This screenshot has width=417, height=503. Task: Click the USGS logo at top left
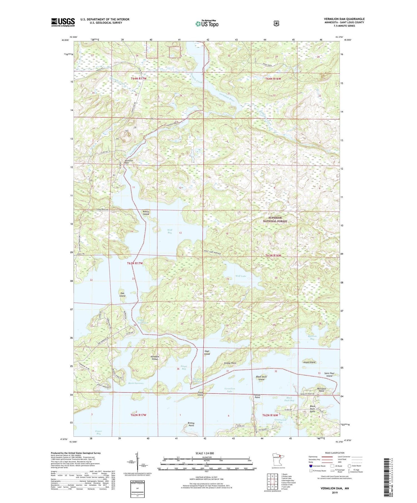click(63, 22)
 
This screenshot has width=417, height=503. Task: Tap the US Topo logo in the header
click(207, 24)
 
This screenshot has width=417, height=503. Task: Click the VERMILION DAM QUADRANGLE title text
click(344, 19)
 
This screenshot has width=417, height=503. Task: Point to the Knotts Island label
click(146, 213)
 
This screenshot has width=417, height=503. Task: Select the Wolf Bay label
click(170, 231)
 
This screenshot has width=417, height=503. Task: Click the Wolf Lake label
click(241, 276)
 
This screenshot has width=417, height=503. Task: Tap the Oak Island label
click(122, 294)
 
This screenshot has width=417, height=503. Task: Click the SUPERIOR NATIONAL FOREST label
click(275, 219)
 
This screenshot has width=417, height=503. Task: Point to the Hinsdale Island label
click(155, 358)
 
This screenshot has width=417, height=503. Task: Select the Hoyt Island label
click(207, 353)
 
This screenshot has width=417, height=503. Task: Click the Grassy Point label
click(230, 363)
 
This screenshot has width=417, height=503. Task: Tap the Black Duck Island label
click(261, 378)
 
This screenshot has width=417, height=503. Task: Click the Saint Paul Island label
click(329, 375)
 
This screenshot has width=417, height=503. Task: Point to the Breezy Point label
click(191, 424)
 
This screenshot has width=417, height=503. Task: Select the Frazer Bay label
click(98, 432)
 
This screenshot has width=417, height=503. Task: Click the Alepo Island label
click(309, 362)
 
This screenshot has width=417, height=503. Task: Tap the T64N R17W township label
click(138, 79)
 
